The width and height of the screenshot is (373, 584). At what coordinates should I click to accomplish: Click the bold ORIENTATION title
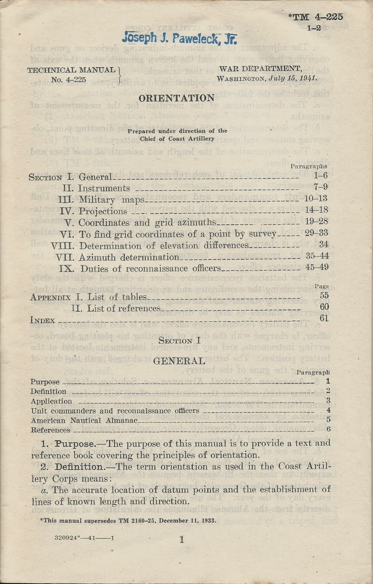tap(176, 98)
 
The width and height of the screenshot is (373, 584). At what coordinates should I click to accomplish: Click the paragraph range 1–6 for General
tap(320, 176)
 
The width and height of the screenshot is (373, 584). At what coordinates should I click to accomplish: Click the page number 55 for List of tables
tap(324, 296)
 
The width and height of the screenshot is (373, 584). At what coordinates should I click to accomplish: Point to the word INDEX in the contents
tap(42, 320)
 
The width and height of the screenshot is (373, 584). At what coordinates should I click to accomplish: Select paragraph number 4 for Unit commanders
tap(328, 410)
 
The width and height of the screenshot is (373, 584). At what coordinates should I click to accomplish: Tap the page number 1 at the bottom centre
tap(181, 539)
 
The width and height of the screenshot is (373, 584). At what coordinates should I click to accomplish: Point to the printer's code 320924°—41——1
tap(84, 538)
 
